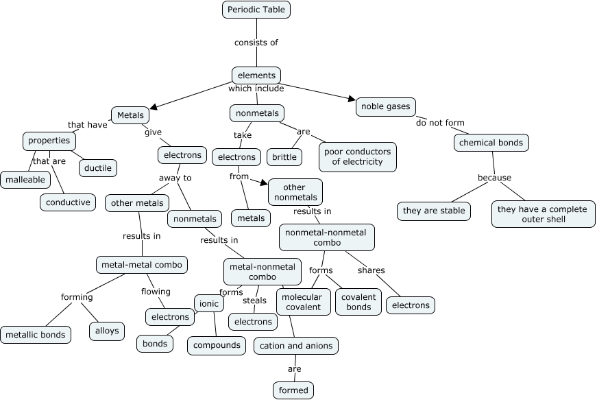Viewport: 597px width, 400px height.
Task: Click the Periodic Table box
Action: click(x=256, y=10)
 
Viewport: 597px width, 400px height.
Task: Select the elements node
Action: click(x=256, y=75)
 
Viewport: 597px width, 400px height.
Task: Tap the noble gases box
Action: click(x=386, y=106)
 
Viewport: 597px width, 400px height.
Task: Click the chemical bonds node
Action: click(x=491, y=143)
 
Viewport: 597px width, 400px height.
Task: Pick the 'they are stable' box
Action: click(x=434, y=211)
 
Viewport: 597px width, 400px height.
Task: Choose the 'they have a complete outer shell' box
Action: click(x=543, y=214)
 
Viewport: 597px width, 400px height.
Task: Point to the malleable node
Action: click(x=25, y=180)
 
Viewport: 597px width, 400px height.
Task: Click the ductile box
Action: click(x=98, y=167)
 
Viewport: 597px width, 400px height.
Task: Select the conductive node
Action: click(x=68, y=202)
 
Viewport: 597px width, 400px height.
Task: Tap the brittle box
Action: click(x=284, y=157)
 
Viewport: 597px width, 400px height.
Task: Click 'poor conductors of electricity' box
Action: click(x=358, y=156)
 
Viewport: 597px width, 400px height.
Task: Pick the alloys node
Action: click(x=107, y=331)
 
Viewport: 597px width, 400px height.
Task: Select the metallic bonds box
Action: click(x=36, y=335)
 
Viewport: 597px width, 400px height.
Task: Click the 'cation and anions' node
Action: click(x=295, y=346)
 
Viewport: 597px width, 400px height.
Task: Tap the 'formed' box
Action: click(x=293, y=390)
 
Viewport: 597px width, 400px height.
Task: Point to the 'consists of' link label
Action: click(x=256, y=43)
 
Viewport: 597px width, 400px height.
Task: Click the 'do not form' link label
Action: click(x=440, y=123)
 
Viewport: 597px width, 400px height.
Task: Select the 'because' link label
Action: click(x=494, y=178)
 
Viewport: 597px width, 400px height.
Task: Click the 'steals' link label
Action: click(x=254, y=301)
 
